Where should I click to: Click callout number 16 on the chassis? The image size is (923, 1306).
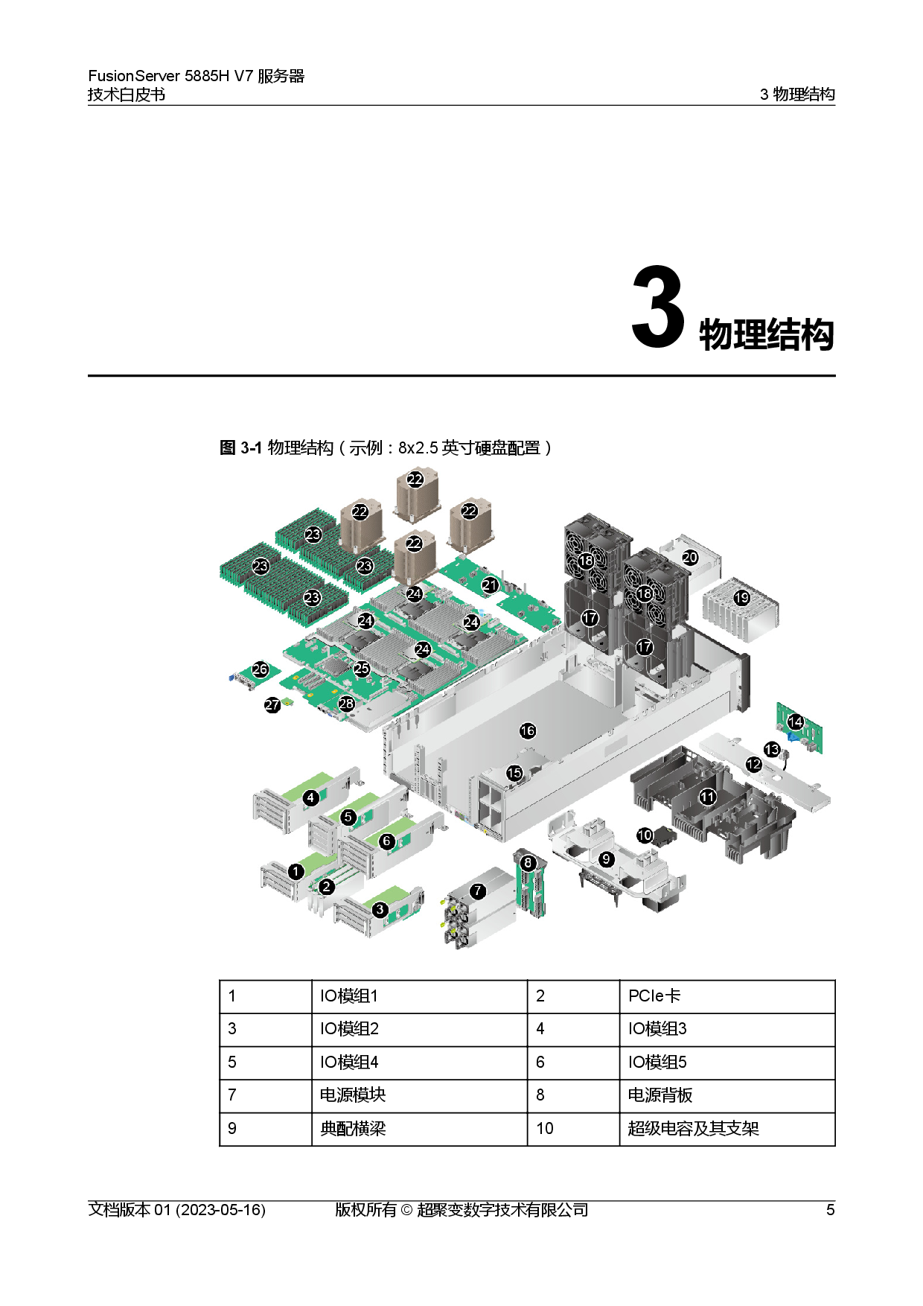click(528, 730)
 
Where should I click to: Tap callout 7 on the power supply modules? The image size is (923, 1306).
click(478, 891)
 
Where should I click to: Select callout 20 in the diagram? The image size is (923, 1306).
click(690, 557)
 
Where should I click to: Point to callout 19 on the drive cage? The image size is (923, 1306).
click(741, 597)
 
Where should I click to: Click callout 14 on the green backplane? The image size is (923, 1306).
click(796, 722)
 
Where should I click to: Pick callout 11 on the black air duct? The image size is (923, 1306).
click(707, 797)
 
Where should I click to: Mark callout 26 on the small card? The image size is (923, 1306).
click(260, 669)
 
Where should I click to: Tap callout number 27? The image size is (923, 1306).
click(272, 704)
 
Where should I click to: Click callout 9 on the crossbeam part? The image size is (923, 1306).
click(607, 859)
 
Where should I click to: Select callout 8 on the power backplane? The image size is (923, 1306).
click(528, 863)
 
